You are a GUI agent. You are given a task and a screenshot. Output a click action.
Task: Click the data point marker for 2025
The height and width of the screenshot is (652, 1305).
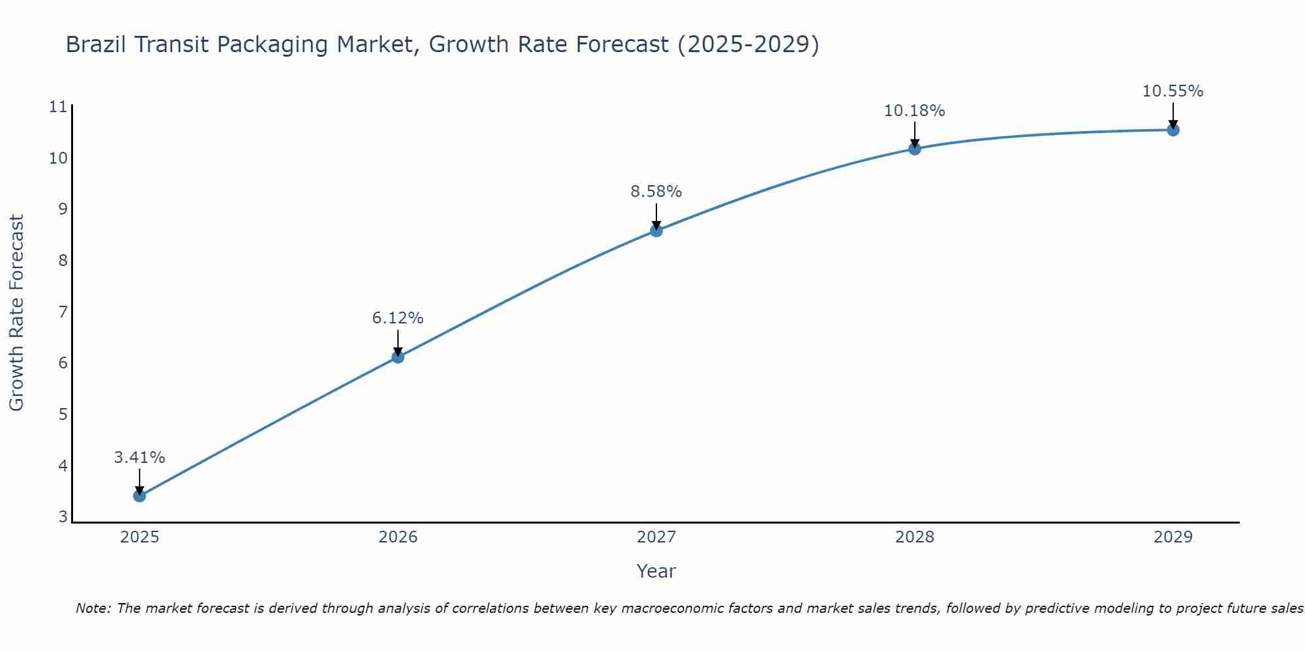(x=140, y=496)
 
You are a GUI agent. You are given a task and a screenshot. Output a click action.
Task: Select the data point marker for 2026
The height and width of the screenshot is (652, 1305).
(x=398, y=357)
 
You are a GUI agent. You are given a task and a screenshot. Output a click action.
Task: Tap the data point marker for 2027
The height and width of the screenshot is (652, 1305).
(x=656, y=230)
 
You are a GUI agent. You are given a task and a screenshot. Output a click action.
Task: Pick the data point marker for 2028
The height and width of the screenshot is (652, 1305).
(x=915, y=149)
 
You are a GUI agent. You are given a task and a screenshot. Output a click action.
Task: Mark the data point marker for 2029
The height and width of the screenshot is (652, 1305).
(x=1173, y=130)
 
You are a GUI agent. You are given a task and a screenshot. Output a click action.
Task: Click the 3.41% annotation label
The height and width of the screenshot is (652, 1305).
(x=140, y=458)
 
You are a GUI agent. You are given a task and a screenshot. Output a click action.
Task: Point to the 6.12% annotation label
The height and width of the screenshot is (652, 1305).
(x=398, y=318)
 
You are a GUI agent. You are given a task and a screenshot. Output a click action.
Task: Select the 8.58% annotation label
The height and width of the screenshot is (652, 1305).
(x=656, y=192)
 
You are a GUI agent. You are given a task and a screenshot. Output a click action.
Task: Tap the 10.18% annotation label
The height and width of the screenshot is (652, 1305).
(x=915, y=111)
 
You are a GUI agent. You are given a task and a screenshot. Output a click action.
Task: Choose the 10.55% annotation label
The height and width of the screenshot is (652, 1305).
(x=1173, y=91)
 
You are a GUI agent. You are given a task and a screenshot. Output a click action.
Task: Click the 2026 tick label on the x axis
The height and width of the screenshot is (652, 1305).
(x=398, y=537)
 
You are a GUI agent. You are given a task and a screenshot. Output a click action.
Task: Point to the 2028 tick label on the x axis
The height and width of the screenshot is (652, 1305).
(x=915, y=537)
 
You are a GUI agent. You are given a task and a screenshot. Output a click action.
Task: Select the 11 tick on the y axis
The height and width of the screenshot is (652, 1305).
(x=58, y=107)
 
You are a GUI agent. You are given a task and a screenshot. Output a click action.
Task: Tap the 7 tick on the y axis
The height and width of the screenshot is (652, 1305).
(x=63, y=312)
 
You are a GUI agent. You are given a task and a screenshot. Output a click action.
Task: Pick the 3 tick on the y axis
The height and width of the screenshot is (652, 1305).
(x=63, y=517)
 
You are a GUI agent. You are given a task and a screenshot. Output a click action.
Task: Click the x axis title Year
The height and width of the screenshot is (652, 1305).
(x=656, y=571)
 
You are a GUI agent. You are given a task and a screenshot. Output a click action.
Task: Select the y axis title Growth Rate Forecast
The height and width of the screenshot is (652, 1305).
(x=16, y=313)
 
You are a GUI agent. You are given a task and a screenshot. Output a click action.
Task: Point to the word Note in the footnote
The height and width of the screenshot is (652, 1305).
(x=93, y=608)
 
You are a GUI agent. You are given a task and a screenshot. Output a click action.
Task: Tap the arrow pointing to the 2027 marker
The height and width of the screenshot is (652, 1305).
(x=656, y=216)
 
